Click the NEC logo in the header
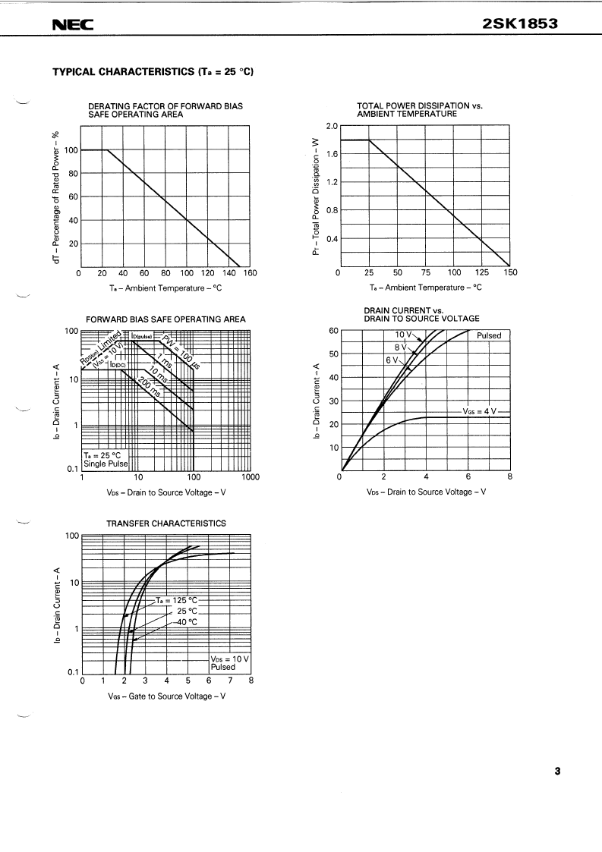coord(72,24)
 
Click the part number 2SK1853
coord(520,24)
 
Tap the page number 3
coord(557,772)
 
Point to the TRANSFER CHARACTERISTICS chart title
coord(165,523)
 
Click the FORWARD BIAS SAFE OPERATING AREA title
coord(165,319)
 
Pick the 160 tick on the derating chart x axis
coord(250,273)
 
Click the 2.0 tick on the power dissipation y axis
coord(331,126)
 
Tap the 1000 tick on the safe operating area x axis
coord(250,477)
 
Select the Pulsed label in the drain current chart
coord(489,335)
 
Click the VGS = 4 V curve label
coord(479,411)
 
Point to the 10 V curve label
coord(403,335)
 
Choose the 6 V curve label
coord(392,360)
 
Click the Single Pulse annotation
coord(106,464)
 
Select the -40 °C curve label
coord(186,621)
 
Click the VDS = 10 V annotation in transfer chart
coord(229,659)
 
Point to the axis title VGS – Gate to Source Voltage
coord(166,696)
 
